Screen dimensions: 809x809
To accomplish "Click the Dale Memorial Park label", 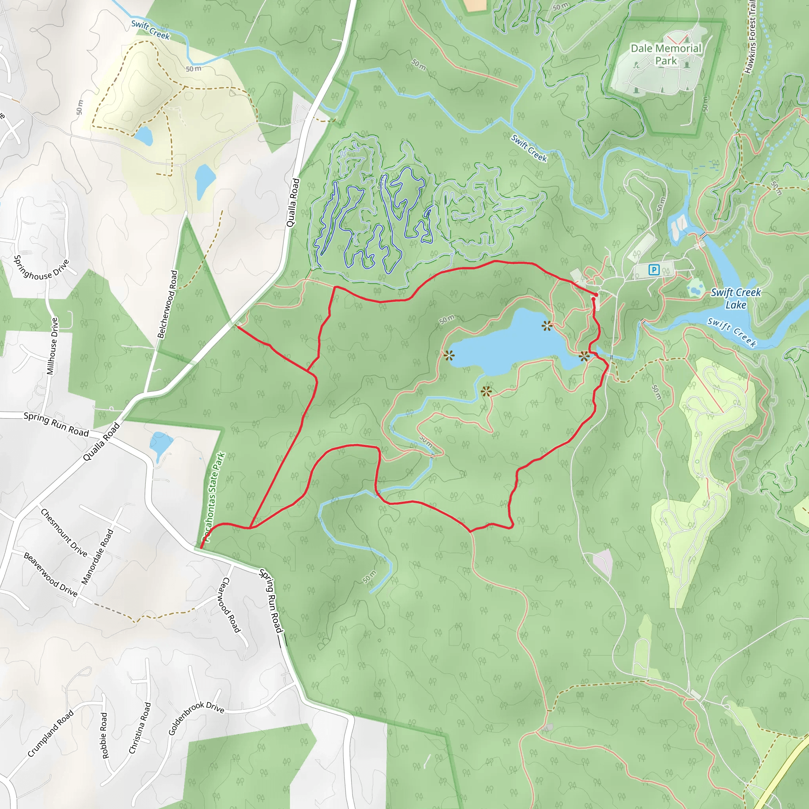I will click(666, 55).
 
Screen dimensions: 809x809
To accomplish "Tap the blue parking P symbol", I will click(654, 270).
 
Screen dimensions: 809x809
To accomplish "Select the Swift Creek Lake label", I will click(736, 299).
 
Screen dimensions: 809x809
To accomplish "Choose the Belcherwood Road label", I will click(167, 304).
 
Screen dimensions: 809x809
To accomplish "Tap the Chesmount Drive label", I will click(64, 532).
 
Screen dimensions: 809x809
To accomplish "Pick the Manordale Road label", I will click(98, 557).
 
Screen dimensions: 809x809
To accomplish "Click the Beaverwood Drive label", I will click(51, 574).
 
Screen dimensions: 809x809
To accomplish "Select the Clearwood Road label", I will click(230, 605).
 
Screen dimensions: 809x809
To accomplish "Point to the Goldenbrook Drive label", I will click(196, 717).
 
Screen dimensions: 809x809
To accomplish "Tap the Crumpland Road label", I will click(51, 734).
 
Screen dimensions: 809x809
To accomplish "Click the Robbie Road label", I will click(105, 735).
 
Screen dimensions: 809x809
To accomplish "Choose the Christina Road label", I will click(140, 728).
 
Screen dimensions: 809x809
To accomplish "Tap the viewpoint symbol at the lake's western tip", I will click(449, 356).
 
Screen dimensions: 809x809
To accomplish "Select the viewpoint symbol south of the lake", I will click(486, 392).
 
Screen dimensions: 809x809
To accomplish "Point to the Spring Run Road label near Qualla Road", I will click(56, 424).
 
